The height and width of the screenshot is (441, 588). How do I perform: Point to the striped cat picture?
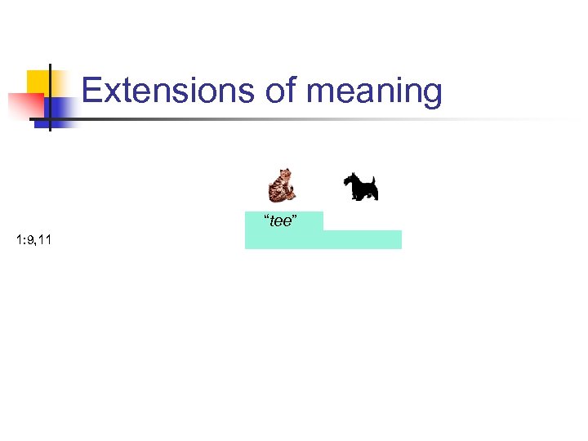(x=282, y=185)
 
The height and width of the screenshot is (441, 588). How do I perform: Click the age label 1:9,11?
(x=33, y=239)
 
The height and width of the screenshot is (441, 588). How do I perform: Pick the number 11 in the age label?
(x=45, y=239)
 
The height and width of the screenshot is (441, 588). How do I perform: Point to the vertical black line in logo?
(x=50, y=98)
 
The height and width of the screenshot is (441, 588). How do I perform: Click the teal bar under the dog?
(x=363, y=239)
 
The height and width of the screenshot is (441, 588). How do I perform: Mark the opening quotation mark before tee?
(x=265, y=218)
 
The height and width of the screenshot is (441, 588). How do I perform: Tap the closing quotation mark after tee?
(x=295, y=218)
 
